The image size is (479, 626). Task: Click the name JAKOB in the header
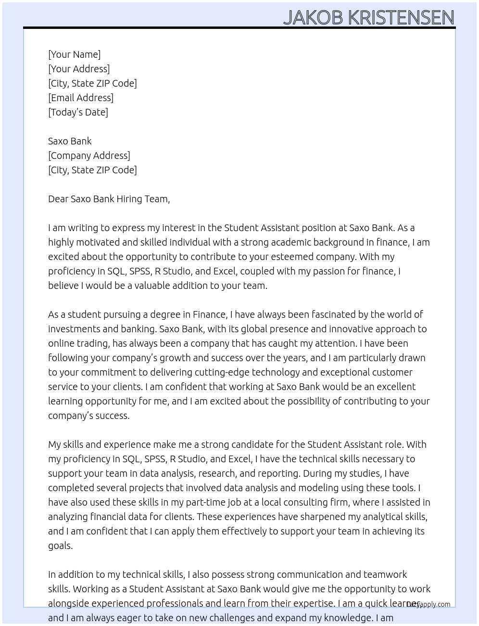click(x=313, y=17)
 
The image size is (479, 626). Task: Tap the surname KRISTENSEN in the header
click(x=401, y=17)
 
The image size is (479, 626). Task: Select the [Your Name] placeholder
click(x=74, y=54)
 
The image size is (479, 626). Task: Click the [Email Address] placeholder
click(x=81, y=98)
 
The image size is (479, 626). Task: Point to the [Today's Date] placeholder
click(x=78, y=112)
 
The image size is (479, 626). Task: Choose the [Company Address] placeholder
click(x=89, y=156)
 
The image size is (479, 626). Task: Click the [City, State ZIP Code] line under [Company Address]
click(x=92, y=170)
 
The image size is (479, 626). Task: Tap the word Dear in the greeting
click(x=58, y=199)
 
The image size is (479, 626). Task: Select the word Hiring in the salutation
click(x=129, y=199)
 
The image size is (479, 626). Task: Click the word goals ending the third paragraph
click(x=60, y=546)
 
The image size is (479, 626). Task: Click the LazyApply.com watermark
click(x=428, y=604)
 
